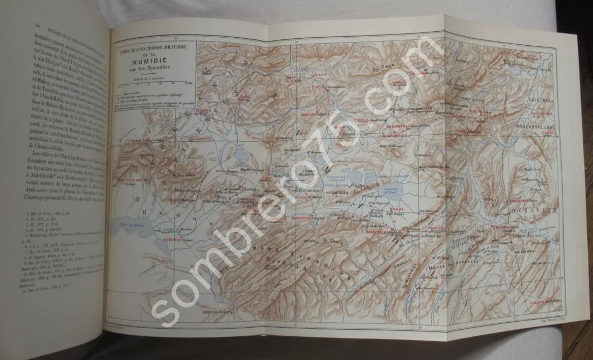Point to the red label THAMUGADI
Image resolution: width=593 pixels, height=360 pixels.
pyautogui.click(x=306, y=219)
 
